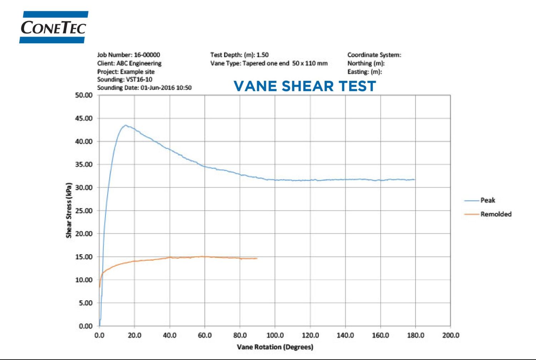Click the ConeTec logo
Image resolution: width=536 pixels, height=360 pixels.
pyautogui.click(x=54, y=27)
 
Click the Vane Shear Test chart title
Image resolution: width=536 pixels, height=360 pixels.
pyautogui.click(x=305, y=86)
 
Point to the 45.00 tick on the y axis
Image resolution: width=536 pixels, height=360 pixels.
pyautogui.click(x=84, y=118)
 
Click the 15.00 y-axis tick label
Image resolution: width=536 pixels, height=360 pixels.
pyautogui.click(x=84, y=257)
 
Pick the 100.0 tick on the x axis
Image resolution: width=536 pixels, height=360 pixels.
pyautogui.click(x=275, y=335)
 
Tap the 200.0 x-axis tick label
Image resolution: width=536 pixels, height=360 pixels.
pyautogui.click(x=451, y=335)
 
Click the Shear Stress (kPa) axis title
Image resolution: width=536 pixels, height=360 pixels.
pyautogui.click(x=69, y=210)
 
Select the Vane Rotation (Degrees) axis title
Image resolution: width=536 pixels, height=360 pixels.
pyautogui.click(x=275, y=347)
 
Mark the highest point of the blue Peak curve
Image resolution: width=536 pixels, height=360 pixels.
pyautogui.click(x=125, y=125)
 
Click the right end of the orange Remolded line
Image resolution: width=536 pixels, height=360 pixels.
pyautogui.click(x=257, y=258)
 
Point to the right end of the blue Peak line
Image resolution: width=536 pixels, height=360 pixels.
pyautogui.click(x=415, y=179)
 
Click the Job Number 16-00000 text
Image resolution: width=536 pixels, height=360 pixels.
pyautogui.click(x=129, y=55)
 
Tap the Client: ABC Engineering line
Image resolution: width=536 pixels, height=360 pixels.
pyautogui.click(x=129, y=63)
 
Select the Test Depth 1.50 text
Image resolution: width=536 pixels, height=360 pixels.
pyautogui.click(x=239, y=55)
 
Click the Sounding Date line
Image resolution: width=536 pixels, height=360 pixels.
pyautogui.click(x=144, y=88)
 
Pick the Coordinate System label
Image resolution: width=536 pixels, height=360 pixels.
pyautogui.click(x=374, y=55)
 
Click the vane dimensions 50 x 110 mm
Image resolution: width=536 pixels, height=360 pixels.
pyautogui.click(x=310, y=63)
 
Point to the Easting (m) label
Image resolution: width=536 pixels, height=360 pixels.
pyautogui.click(x=364, y=72)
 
